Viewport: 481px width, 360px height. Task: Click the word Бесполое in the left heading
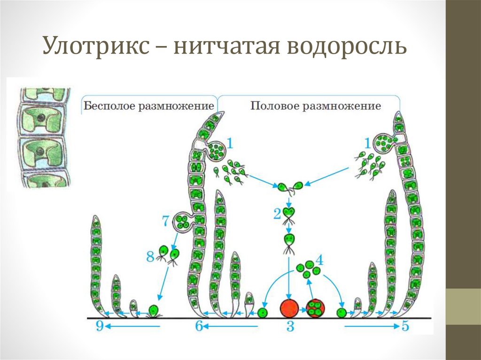[x=109, y=106]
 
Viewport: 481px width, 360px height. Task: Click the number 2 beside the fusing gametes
[x=277, y=214]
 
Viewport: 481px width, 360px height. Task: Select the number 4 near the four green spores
[x=319, y=259]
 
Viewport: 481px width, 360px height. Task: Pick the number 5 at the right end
[x=406, y=326]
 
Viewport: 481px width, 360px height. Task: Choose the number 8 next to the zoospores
[x=150, y=256]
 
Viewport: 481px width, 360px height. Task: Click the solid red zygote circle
[x=289, y=308]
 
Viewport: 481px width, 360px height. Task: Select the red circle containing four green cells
[x=315, y=308]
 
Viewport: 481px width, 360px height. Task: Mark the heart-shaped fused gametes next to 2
[x=289, y=214]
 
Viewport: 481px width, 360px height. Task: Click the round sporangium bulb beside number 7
[x=183, y=222]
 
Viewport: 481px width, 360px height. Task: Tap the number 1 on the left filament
[x=230, y=141]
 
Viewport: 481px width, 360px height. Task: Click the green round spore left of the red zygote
[x=263, y=312]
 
